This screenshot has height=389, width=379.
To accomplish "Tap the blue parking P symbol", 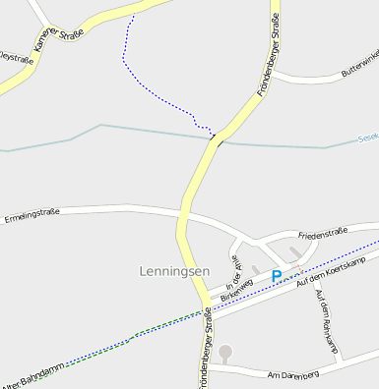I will point(277,277).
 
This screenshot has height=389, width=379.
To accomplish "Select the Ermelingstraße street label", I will point(33,216).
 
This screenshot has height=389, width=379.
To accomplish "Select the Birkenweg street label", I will point(236,287).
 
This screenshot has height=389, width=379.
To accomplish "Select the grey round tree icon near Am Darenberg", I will point(225,351).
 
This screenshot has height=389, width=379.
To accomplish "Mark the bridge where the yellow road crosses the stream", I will point(217,139).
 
